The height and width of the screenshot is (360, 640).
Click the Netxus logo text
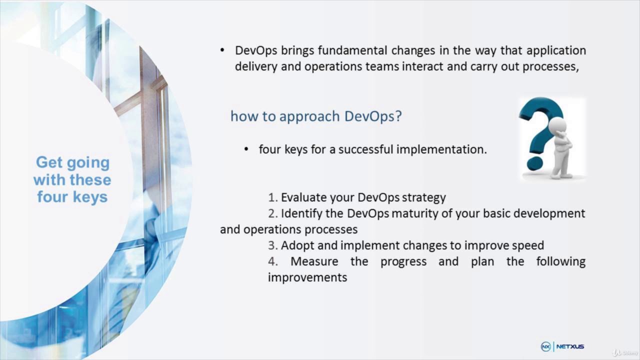click(x=570, y=346)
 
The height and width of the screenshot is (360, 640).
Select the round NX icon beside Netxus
click(x=546, y=346)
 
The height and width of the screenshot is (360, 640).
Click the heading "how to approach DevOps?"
click(x=316, y=116)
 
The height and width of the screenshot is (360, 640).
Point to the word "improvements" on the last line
click(x=307, y=277)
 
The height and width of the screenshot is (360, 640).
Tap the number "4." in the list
click(x=272, y=261)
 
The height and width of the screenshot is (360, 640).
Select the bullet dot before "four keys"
click(x=246, y=149)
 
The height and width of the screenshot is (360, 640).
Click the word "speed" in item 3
click(x=528, y=245)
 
